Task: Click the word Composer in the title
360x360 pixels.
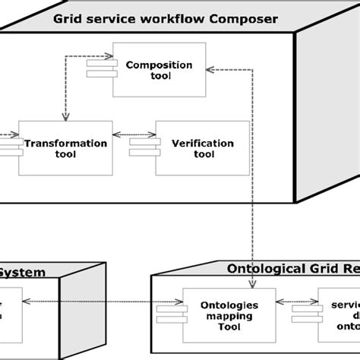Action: coord(242,17)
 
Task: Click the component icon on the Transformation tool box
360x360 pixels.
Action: coord(10,146)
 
